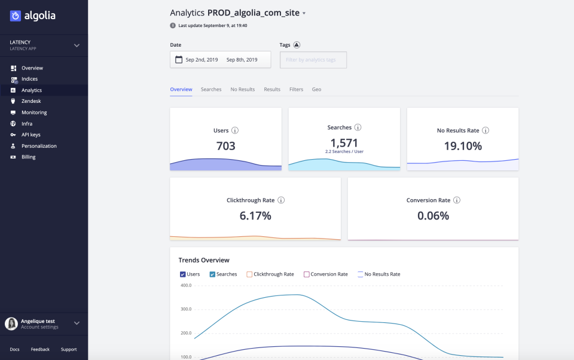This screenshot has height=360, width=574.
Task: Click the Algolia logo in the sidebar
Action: pos(32,16)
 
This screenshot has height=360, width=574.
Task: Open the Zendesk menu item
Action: pos(31,101)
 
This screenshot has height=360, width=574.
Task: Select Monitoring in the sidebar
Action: pos(34,112)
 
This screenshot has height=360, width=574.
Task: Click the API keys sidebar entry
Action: pos(31,135)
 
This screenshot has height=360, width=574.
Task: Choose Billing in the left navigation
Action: pos(29,157)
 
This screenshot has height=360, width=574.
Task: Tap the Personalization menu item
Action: pos(39,146)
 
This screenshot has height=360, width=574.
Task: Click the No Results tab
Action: pos(243,89)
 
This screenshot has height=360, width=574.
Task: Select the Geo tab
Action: pos(316,89)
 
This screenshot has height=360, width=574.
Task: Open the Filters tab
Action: pos(296,89)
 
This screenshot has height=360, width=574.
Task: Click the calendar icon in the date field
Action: pos(178,60)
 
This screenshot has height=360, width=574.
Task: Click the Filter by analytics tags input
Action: pos(313,60)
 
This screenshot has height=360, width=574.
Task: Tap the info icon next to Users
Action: pos(235,130)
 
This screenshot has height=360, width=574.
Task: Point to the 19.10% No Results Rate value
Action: pos(462,145)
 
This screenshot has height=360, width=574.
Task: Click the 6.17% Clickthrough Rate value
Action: pos(255,215)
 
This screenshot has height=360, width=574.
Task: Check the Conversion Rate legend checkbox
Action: pos(307,274)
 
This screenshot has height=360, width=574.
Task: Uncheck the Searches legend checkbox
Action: pos(212,274)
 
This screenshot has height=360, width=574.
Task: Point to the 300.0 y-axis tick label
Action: pos(185,309)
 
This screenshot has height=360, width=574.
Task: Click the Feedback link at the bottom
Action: pos(40,349)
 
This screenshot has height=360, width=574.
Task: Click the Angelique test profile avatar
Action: pos(11,324)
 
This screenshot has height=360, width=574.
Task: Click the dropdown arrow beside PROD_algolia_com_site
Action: pos(304,13)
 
